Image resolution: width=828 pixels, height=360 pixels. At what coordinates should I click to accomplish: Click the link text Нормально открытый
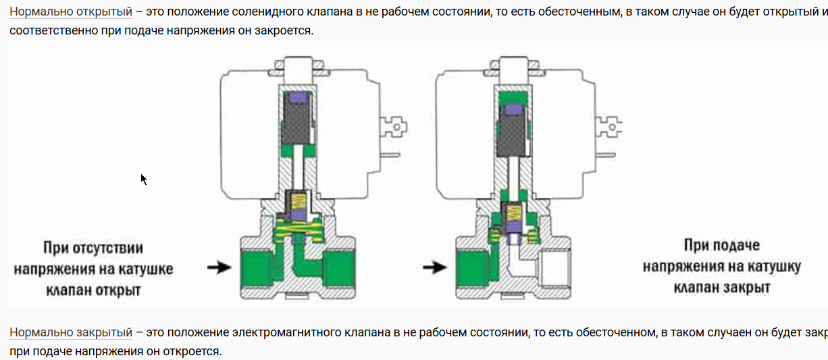point(71,13)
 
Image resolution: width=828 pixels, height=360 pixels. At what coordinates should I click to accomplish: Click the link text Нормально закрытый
point(71,332)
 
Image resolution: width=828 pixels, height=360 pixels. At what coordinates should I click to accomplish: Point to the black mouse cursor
point(144,179)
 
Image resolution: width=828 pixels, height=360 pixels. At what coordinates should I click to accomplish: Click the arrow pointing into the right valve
point(434,268)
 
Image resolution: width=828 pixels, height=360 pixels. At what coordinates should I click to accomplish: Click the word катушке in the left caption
point(144,269)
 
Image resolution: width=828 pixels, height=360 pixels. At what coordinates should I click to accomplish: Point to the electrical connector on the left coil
point(392,125)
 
